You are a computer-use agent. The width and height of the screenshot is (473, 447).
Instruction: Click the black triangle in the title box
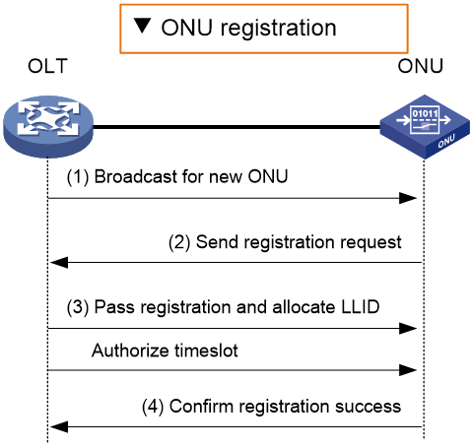pyautogui.click(x=143, y=26)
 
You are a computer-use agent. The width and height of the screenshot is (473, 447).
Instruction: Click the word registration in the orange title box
pyautogui.click(x=278, y=29)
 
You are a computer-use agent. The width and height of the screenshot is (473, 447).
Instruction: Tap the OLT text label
pyautogui.click(x=47, y=66)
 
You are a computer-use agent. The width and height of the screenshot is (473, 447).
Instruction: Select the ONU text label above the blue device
pyautogui.click(x=421, y=66)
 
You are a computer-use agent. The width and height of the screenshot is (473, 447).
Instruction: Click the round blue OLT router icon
pyautogui.click(x=48, y=127)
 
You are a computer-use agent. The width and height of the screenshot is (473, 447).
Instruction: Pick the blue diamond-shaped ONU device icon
pyautogui.click(x=425, y=127)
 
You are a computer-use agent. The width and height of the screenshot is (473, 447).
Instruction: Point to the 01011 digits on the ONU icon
pyautogui.click(x=425, y=114)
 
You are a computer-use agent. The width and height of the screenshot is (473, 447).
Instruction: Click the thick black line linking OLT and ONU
pyautogui.click(x=236, y=127)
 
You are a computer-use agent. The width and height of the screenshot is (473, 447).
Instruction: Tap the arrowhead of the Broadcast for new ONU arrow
pyautogui.click(x=408, y=198)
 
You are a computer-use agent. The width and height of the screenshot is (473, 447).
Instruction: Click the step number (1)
pyautogui.click(x=78, y=177)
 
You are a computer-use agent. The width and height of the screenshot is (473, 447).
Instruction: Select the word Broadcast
pyautogui.click(x=136, y=176)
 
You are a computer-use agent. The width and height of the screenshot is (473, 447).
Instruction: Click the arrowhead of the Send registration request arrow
pyautogui.click(x=59, y=263)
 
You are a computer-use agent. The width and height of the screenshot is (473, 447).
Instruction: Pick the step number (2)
pyautogui.click(x=179, y=243)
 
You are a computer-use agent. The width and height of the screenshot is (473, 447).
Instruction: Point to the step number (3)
pyautogui.click(x=78, y=308)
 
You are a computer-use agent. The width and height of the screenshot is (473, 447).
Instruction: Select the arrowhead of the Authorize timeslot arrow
pyautogui.click(x=408, y=370)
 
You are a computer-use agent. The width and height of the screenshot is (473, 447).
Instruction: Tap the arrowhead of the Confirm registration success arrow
pyautogui.click(x=59, y=427)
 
